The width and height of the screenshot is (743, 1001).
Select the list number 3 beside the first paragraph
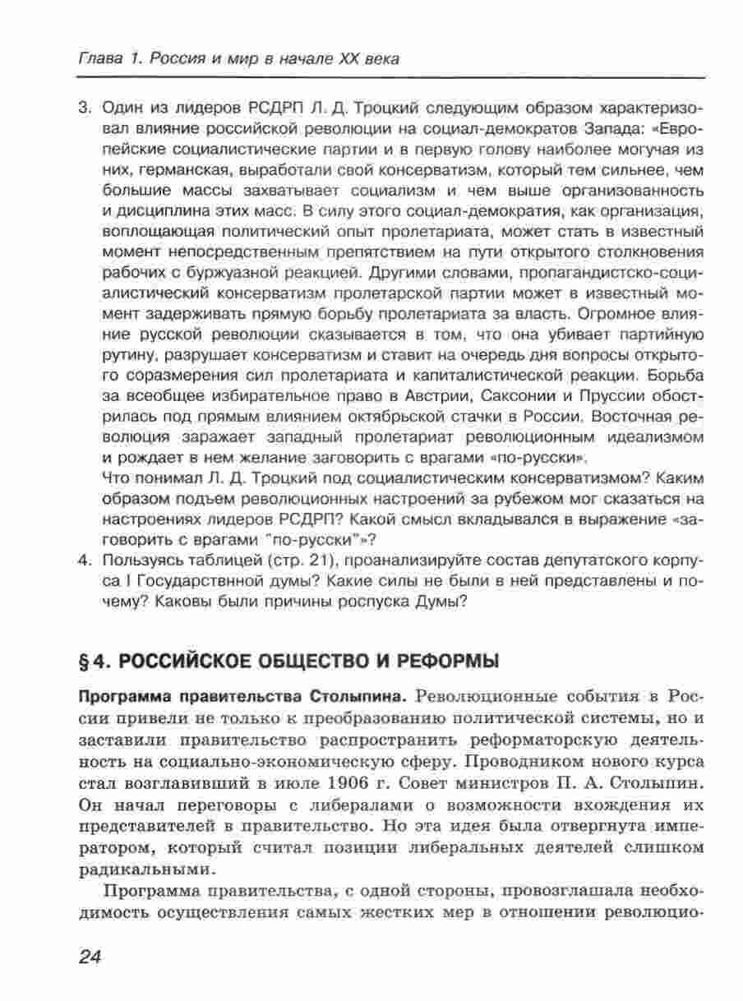pos(83,109)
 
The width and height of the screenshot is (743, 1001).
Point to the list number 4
pos(83,561)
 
